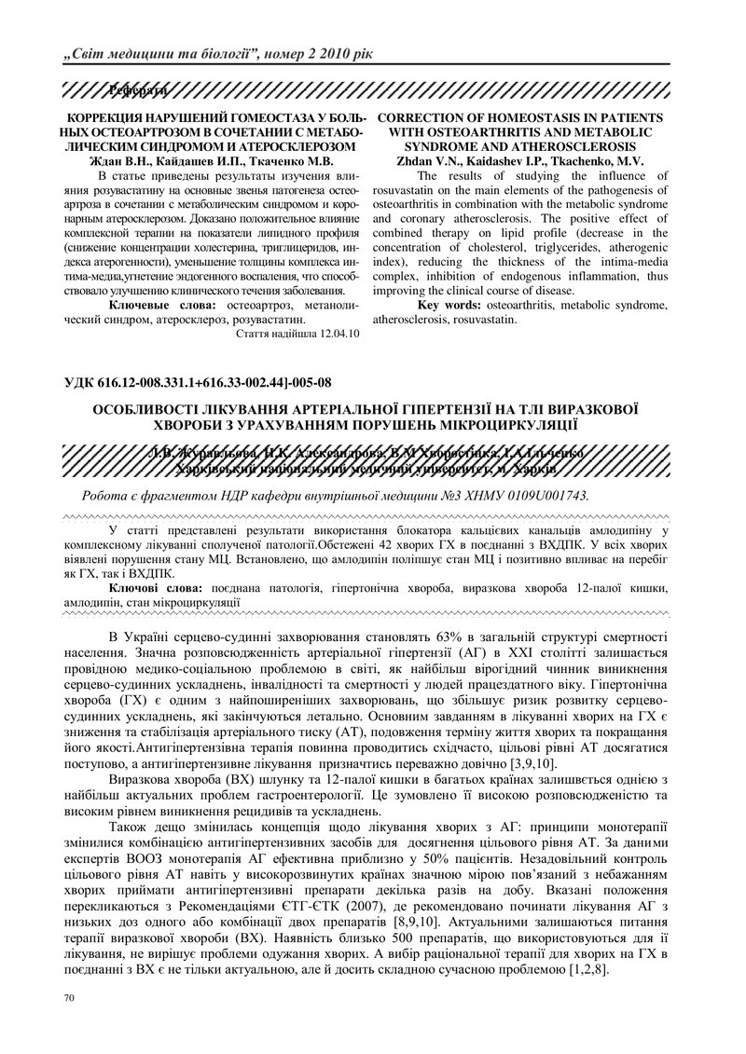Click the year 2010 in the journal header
pyautogui.click(x=333, y=53)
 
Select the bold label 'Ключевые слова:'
pyautogui.click(x=162, y=305)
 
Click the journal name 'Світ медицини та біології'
pyautogui.click(x=162, y=53)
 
